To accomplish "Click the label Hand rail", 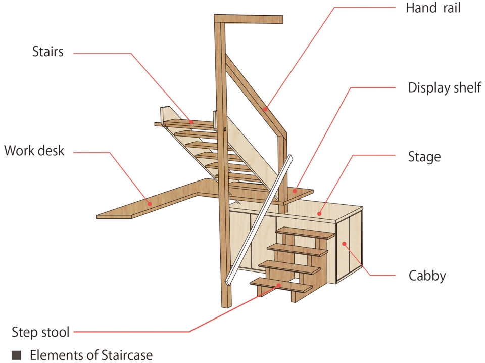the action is pos(433,8).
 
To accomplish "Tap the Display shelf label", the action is pos(445,88).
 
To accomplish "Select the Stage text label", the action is pos(424,157).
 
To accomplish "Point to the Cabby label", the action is pos(427,276).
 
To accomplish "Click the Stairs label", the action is pos(47,52).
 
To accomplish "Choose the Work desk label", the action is pos(34,151).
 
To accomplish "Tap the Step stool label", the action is pos(40,332).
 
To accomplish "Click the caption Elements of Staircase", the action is pos(91,355).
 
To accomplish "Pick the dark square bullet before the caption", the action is pos(16,355).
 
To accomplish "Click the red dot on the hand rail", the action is pos(265,109).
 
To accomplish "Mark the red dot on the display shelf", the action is pos(295,191).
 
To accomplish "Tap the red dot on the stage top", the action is pos(319,213).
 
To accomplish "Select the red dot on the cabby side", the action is pos(344,244).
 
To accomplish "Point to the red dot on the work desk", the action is pos(150,204).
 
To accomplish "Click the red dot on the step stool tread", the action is pos(278,285).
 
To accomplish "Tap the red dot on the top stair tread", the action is pos(191,122).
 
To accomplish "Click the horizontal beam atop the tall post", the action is pos(249,19).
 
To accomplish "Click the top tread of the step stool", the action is pos(305,233).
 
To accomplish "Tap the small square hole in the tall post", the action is pos(225,129).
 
